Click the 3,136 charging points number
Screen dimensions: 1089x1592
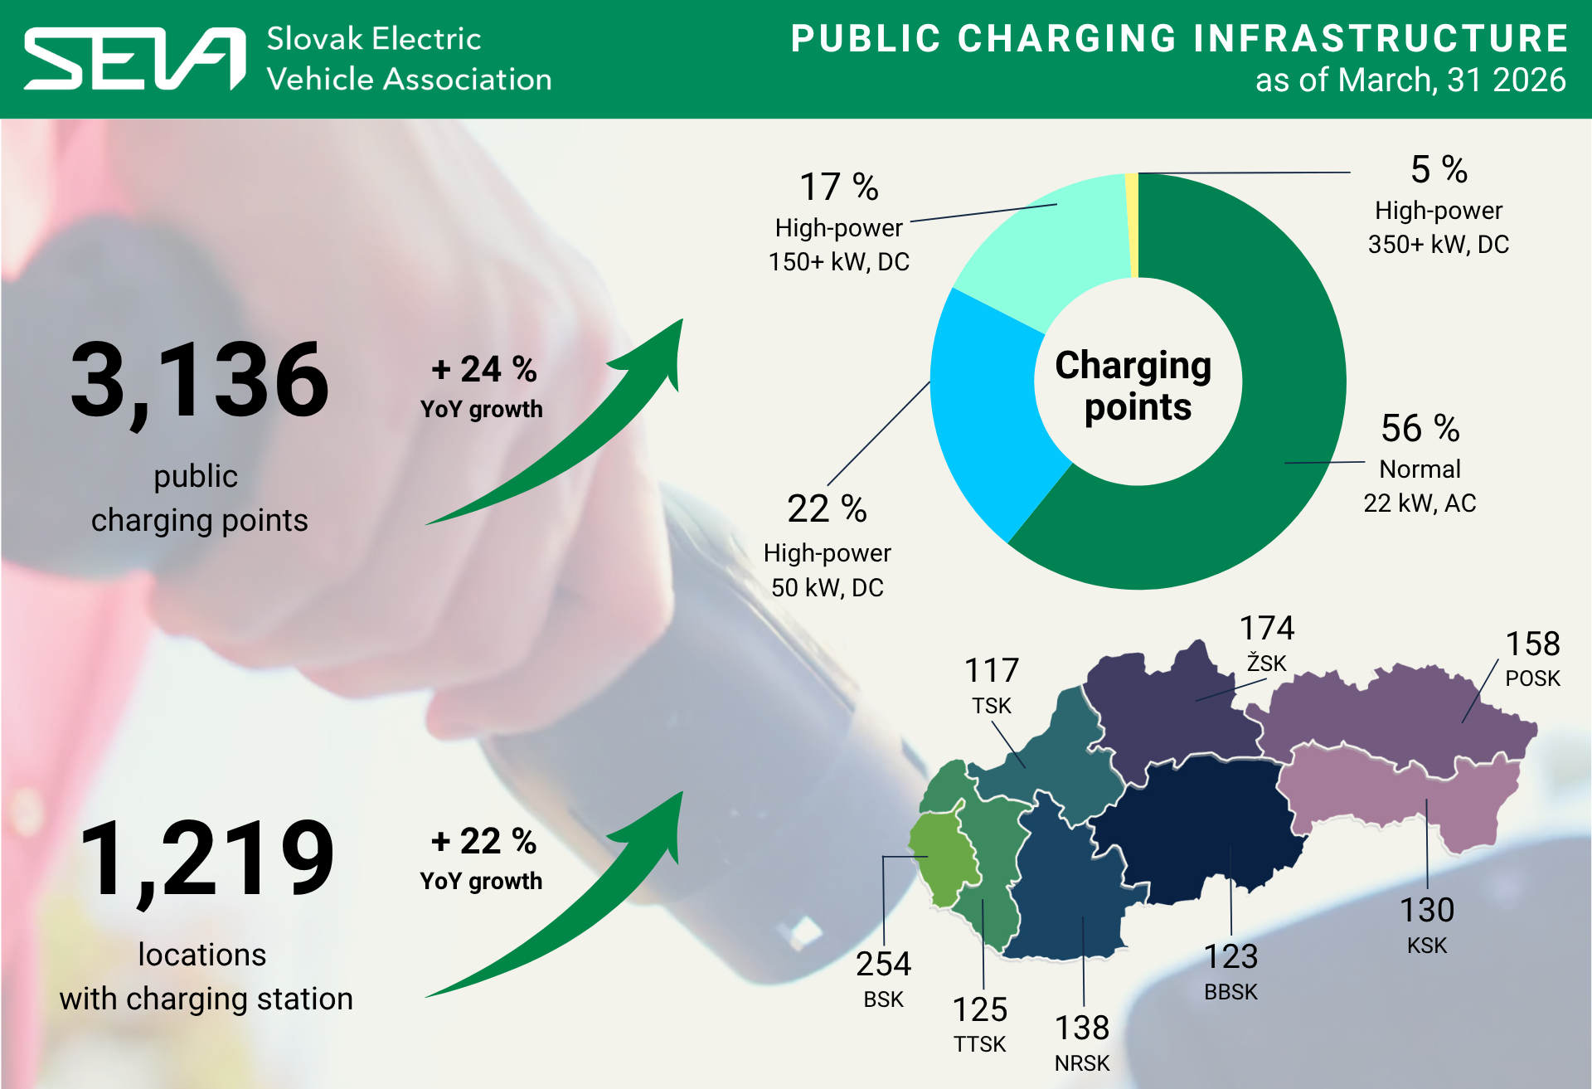pyautogui.click(x=200, y=381)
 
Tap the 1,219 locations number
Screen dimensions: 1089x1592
pyautogui.click(x=207, y=859)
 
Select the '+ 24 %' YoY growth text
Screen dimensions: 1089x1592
pyautogui.click(x=484, y=370)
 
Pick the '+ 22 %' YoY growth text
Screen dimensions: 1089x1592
pyautogui.click(x=484, y=842)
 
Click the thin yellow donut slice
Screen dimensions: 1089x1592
pyautogui.click(x=1132, y=224)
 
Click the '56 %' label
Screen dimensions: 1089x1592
pyautogui.click(x=1420, y=429)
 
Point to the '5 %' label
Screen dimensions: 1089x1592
pyautogui.click(x=1439, y=170)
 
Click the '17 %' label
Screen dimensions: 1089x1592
pyautogui.click(x=838, y=187)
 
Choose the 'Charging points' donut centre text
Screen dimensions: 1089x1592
pyautogui.click(x=1137, y=386)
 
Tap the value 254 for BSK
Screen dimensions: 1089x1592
pyautogui.click(x=883, y=965)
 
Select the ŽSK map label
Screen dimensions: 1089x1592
pyautogui.click(x=1266, y=664)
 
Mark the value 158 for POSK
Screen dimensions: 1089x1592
pyautogui.click(x=1532, y=644)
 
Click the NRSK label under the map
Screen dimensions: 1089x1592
pyautogui.click(x=1081, y=1063)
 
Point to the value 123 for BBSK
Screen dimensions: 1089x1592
pyautogui.click(x=1230, y=957)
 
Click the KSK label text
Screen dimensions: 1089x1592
pyautogui.click(x=1426, y=946)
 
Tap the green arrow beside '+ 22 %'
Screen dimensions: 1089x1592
pyautogui.click(x=580, y=912)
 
